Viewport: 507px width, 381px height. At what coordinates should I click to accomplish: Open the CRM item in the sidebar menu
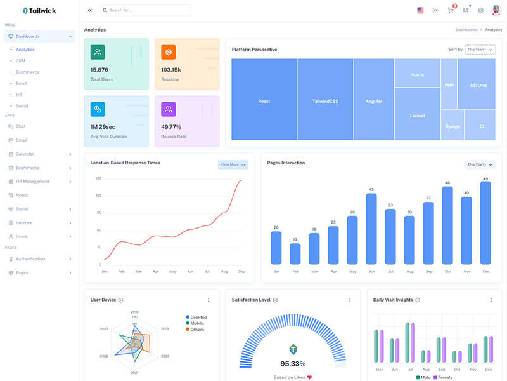(x=21, y=60)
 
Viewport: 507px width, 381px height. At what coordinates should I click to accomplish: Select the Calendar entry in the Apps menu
(x=25, y=154)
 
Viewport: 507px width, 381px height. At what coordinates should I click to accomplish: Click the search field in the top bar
(x=145, y=10)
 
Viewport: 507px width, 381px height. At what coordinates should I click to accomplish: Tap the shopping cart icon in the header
(x=451, y=10)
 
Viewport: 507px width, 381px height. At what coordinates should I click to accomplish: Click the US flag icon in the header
(x=420, y=10)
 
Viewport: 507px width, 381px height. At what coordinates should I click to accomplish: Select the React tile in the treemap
(x=264, y=100)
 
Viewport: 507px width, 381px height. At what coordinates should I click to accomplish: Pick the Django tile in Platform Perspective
(x=452, y=126)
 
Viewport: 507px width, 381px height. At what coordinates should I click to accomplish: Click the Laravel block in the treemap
(x=417, y=115)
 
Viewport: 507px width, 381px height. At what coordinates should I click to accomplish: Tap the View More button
(x=233, y=164)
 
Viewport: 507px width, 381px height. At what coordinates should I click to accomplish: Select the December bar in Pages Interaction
(x=485, y=224)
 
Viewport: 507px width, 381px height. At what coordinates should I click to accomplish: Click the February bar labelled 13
(x=295, y=253)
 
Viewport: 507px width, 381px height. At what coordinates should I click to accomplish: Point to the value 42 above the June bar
(x=371, y=189)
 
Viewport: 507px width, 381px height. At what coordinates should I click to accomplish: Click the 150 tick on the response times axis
(x=98, y=178)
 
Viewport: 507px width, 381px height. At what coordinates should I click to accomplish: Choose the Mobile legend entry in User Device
(x=197, y=323)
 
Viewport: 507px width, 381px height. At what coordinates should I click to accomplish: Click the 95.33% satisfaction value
(x=293, y=364)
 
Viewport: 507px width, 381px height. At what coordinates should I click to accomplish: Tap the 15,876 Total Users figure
(x=99, y=70)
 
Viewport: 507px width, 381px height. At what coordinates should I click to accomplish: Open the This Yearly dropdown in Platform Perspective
(x=480, y=49)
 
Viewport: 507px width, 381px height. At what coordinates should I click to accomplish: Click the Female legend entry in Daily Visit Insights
(x=443, y=378)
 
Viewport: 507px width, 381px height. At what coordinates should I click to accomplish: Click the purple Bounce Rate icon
(x=169, y=109)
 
